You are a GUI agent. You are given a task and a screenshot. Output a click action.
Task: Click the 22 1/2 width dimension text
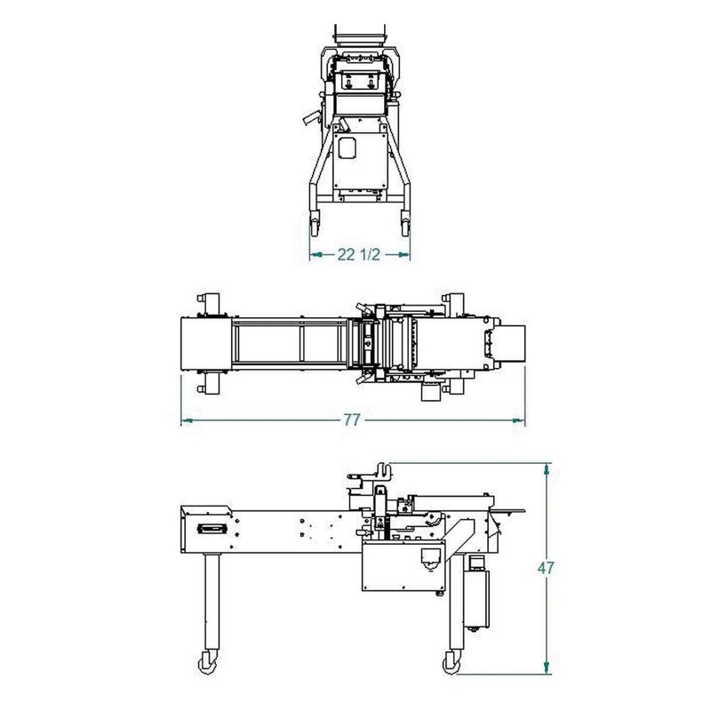[358, 255]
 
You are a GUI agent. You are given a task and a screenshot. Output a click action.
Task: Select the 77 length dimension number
[352, 420]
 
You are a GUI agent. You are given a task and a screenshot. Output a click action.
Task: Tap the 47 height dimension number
[546, 568]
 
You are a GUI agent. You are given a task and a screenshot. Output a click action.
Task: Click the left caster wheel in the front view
[315, 225]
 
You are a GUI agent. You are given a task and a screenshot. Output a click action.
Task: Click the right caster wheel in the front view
[405, 225]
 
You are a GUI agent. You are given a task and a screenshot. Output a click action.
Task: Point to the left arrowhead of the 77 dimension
[187, 420]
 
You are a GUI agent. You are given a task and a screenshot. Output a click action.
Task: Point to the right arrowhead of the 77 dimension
[519, 420]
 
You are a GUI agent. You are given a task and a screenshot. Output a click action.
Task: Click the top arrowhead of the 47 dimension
[547, 469]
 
